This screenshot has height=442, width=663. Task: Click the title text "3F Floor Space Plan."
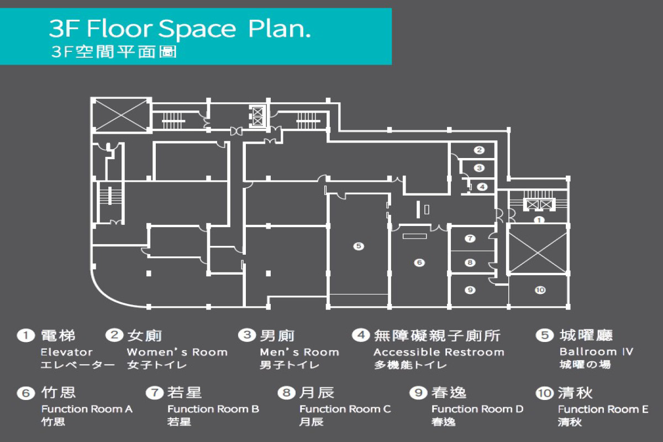[x=180, y=29]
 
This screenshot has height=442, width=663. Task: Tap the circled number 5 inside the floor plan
[x=359, y=246]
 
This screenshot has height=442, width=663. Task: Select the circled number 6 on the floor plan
[x=419, y=262]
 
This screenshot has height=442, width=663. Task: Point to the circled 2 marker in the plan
[x=479, y=150]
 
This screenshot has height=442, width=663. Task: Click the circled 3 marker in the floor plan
[x=479, y=168]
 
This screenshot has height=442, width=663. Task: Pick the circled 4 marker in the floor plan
[x=482, y=187]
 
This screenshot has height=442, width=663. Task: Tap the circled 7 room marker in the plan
[x=470, y=238]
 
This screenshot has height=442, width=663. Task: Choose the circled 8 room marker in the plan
[x=470, y=262]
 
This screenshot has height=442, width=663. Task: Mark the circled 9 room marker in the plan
[x=470, y=290]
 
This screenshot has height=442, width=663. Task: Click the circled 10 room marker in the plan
[x=540, y=290]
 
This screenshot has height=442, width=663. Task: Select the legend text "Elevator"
[x=67, y=352]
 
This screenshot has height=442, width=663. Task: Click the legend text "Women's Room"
[x=177, y=352]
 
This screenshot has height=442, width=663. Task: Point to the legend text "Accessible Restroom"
[x=439, y=352]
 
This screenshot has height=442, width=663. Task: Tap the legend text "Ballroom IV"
[x=596, y=352]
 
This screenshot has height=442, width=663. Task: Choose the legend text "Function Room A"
[x=87, y=409]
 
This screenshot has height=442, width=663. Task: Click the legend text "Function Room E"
[x=603, y=409]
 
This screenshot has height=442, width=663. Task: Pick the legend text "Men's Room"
[x=299, y=352]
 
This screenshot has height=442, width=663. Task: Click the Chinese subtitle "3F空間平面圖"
[x=114, y=52]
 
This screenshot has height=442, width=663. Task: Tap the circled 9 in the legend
[x=418, y=393]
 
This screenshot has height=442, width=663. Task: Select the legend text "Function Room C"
[x=345, y=409]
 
